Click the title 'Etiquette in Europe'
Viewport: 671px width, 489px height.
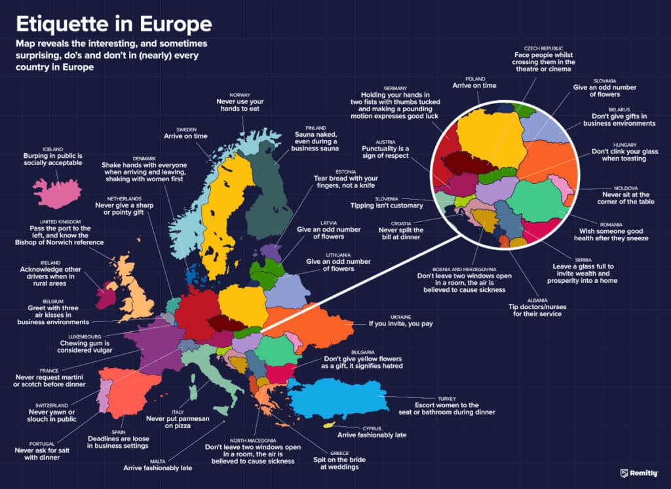(x=114, y=24)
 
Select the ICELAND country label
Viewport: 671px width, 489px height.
(x=53, y=149)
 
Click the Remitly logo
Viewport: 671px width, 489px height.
(x=639, y=473)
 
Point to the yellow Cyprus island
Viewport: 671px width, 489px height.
(x=328, y=426)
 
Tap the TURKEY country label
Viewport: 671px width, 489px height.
(x=448, y=398)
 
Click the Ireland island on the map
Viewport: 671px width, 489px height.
(x=105, y=295)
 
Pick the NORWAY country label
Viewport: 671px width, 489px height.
(x=240, y=95)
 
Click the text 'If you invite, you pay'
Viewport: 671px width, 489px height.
(x=404, y=323)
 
